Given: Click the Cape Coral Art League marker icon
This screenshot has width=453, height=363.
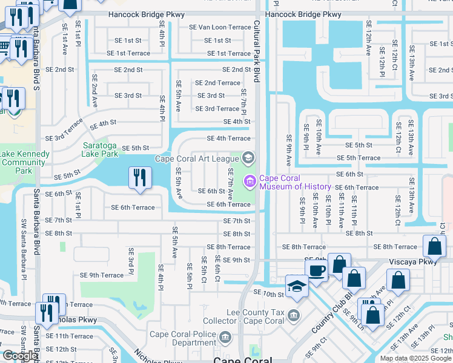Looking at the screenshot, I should (247, 159).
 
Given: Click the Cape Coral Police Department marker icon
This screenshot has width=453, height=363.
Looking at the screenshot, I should (225, 336).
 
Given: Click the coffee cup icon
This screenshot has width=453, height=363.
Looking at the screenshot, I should (317, 270).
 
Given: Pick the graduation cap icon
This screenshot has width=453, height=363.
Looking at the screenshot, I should (297, 286).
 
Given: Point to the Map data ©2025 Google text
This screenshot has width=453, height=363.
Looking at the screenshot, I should (415, 358).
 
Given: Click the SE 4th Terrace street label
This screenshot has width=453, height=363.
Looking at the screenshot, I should (228, 139).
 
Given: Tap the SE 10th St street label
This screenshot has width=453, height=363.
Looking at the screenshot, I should (269, 293).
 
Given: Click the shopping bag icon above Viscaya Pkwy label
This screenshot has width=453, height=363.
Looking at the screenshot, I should (435, 246).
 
